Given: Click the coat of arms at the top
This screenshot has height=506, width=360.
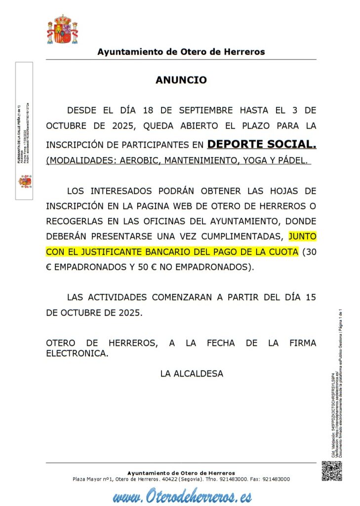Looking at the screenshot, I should [62, 30].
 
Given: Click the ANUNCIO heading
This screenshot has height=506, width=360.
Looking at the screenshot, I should [181, 80].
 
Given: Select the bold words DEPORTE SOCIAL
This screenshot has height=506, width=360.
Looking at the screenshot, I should [262, 144].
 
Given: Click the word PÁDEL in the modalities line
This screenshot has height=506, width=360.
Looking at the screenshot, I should [291, 161].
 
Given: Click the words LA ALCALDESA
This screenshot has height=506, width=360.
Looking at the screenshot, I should [192, 374].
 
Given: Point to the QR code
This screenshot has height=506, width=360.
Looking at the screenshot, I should [331, 471].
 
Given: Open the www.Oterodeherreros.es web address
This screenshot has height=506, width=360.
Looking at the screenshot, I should [181, 495].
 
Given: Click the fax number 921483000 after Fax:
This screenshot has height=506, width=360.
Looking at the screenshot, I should [276, 479].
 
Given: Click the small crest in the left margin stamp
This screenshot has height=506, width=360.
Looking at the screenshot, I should [25, 181].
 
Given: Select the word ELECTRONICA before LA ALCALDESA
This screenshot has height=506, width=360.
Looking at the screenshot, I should [77, 353].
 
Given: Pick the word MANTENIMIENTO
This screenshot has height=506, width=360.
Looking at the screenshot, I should [195, 161].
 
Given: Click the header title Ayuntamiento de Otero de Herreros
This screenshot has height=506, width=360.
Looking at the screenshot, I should [181, 51].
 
